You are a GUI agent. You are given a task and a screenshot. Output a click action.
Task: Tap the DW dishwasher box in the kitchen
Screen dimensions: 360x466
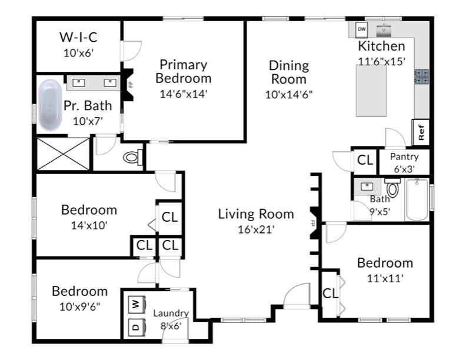pos(362,28)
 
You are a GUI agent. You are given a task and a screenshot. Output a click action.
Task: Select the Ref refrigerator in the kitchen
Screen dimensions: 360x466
pos(421,132)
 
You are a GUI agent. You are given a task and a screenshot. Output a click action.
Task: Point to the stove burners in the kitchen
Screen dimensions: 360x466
pos(421,76)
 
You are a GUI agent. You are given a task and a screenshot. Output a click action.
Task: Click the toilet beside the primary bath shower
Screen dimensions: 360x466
pos(134,157)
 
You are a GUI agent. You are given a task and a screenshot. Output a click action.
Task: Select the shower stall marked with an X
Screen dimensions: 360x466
pos(62,154)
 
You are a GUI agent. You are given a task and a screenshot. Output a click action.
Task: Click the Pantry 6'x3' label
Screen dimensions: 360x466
pos(404,162)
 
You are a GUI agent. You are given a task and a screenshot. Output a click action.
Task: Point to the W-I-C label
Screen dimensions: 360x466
pos(78,38)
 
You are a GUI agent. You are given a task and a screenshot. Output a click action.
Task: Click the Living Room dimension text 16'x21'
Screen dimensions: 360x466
pos(255,229)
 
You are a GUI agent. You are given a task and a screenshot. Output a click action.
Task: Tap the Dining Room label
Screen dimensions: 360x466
pos(289,72)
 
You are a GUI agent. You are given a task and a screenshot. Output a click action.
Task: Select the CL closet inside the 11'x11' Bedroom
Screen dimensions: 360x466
pos(330,292)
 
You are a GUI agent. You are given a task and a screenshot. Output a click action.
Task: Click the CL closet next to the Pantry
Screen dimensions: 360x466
pos(365,159)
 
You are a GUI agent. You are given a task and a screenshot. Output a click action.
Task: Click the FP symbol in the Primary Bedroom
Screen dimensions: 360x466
pos(131,84)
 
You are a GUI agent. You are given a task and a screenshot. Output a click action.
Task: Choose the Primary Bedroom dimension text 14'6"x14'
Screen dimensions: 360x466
pos(183,93)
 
